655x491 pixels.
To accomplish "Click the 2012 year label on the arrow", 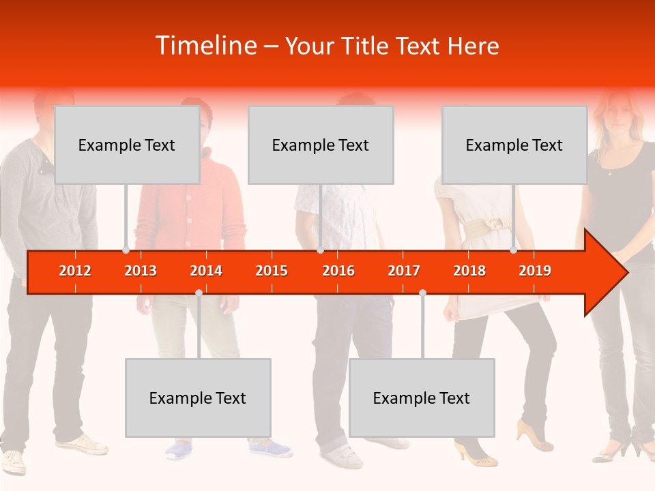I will [x=75, y=271].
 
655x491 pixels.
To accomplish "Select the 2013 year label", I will [x=141, y=271].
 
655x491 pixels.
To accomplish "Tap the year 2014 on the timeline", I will [x=206, y=271].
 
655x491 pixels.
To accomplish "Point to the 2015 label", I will [x=272, y=271].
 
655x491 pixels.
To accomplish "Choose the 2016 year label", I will [x=338, y=271].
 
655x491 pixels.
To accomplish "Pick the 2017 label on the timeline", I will [x=404, y=271].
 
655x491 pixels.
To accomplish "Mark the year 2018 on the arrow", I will [x=469, y=271].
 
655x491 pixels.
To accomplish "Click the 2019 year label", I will [x=535, y=271].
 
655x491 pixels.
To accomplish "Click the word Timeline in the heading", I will [x=205, y=46].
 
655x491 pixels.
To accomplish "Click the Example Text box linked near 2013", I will [x=127, y=145].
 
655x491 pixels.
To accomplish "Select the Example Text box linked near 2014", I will [x=198, y=398].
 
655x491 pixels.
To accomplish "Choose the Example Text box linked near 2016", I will [x=321, y=145].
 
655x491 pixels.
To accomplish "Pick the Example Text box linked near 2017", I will [x=422, y=398].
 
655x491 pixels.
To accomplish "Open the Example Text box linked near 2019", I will [x=514, y=145].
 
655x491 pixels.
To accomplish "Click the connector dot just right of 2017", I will [x=422, y=293].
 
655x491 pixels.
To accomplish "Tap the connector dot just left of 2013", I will [x=126, y=250].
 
